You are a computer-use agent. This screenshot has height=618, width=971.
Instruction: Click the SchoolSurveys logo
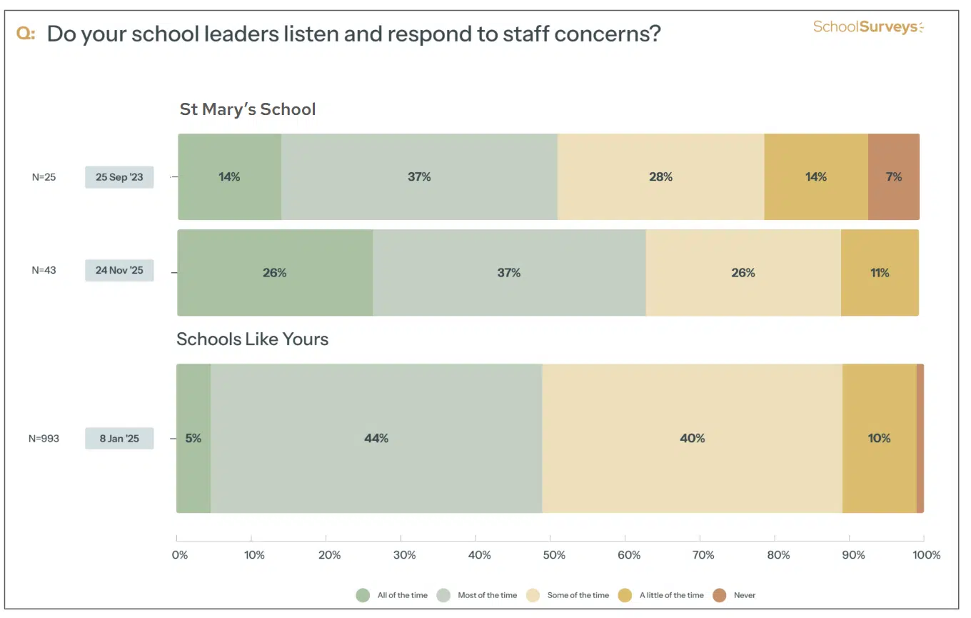pos(868,28)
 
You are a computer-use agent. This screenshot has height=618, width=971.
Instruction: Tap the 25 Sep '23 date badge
pos(119,177)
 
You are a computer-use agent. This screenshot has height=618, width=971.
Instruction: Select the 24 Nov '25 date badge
pos(119,270)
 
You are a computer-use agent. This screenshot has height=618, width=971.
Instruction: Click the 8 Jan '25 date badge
pos(119,438)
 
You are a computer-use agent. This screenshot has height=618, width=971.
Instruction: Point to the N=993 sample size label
pos(44,439)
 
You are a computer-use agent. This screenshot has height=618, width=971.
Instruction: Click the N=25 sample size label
pos(44,177)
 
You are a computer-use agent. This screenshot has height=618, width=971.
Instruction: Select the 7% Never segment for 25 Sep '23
pos(893,176)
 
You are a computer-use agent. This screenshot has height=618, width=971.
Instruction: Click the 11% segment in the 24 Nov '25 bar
pos(880,272)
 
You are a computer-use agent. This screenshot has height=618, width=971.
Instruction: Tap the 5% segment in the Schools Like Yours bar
pos(193,438)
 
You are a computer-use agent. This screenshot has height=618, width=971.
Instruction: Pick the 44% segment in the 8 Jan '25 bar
pos(376,438)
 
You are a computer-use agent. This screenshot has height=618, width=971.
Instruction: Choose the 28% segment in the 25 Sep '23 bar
pos(660,176)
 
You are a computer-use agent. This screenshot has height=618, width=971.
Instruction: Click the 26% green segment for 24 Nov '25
pos(275,272)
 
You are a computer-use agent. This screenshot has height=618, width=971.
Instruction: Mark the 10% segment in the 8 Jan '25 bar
pos(879,438)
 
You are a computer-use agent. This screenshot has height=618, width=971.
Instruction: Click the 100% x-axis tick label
pos(926,555)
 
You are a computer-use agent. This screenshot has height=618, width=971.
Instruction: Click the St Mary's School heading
pos(248,109)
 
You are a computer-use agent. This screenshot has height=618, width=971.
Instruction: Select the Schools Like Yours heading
pos(253,339)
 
